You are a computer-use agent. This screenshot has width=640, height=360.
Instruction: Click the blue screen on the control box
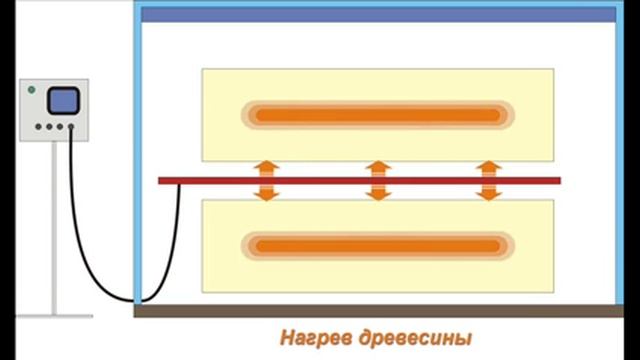tap(64, 100)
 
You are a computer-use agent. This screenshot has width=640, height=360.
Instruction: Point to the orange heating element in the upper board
tap(377, 115)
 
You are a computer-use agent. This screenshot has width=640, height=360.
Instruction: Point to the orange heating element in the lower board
tap(377, 244)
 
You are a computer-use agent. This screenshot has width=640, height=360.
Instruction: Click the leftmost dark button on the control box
tap(37, 127)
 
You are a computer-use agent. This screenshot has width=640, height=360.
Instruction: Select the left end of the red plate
tap(164, 181)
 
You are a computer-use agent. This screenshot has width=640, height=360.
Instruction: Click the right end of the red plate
tap(555, 181)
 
